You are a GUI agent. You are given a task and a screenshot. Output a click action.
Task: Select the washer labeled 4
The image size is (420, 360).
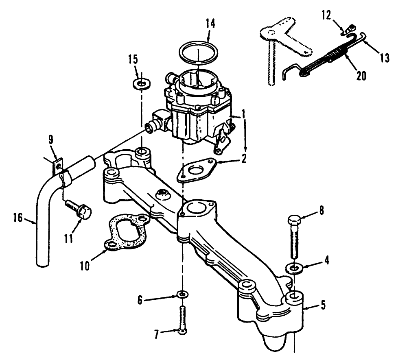[293, 269]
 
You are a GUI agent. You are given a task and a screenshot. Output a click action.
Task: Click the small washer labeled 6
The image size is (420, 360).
[183, 294]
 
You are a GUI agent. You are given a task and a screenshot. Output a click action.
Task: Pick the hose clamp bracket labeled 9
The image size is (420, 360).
[58, 167]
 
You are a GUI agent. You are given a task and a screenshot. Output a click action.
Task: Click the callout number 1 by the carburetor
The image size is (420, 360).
[243, 115]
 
